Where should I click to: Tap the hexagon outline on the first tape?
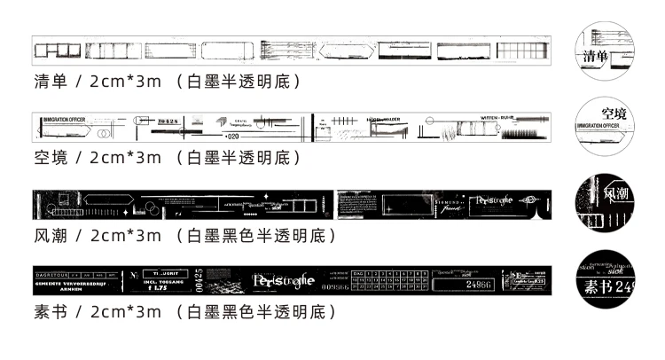click(x=348, y=50)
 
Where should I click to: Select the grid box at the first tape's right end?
click(x=522, y=50)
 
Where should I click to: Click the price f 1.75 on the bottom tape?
click(x=154, y=287)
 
